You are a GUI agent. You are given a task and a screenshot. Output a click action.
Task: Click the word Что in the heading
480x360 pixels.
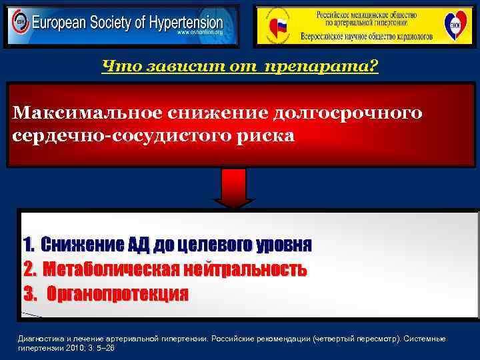(x=117, y=67)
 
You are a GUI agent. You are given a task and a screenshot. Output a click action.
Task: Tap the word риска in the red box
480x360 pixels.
(x=261, y=135)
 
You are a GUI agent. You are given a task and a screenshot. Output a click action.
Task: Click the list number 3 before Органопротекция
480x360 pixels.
(x=29, y=294)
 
